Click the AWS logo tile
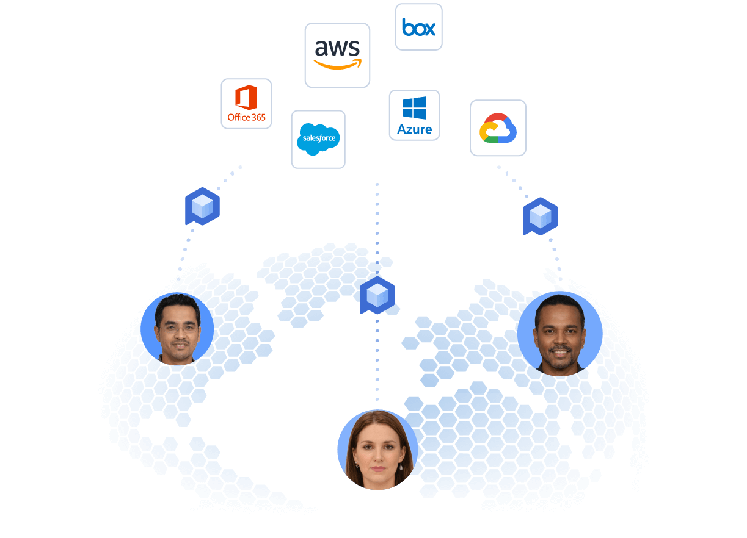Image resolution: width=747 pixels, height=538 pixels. pyautogui.click(x=337, y=55)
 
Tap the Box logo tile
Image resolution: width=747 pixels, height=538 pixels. pyautogui.click(x=418, y=27)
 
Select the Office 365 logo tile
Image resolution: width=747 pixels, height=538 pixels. pyautogui.click(x=246, y=103)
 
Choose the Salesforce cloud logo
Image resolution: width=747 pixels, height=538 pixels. pyautogui.click(x=318, y=139)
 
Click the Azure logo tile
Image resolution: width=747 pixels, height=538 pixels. pyautogui.click(x=414, y=115)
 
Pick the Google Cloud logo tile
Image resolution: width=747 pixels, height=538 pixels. pyautogui.click(x=498, y=128)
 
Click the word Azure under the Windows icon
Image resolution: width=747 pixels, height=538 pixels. pyautogui.click(x=414, y=129)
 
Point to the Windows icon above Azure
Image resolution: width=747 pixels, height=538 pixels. pyautogui.click(x=414, y=107)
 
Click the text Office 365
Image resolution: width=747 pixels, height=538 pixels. pyautogui.click(x=246, y=117)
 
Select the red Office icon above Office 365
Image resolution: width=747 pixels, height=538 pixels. pyautogui.click(x=246, y=98)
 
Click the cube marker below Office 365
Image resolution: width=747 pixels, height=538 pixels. pyautogui.click(x=202, y=207)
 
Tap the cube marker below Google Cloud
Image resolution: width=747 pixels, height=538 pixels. pyautogui.click(x=541, y=217)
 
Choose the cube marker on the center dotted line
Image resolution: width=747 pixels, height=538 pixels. pyautogui.click(x=377, y=296)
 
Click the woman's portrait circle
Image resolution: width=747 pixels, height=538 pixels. pyautogui.click(x=377, y=450)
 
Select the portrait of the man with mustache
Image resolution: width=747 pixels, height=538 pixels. pyautogui.click(x=177, y=328)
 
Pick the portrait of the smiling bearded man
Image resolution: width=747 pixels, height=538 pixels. pyautogui.click(x=559, y=334)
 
